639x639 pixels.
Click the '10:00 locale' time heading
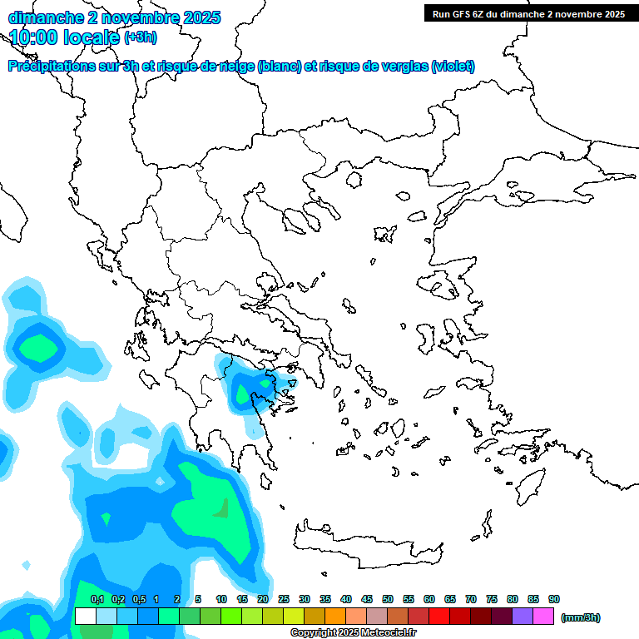64,37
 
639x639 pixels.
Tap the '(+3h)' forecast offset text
140,37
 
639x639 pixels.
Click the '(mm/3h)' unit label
581,617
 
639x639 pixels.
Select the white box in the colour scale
85,617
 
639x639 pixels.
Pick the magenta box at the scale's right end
543,617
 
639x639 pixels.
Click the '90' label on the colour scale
554,599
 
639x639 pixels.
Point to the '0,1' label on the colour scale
97,599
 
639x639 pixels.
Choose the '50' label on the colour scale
388,599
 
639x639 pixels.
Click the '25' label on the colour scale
284,599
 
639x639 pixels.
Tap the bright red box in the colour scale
439,617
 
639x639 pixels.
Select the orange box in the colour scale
335,617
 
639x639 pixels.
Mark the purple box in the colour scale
523,617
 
